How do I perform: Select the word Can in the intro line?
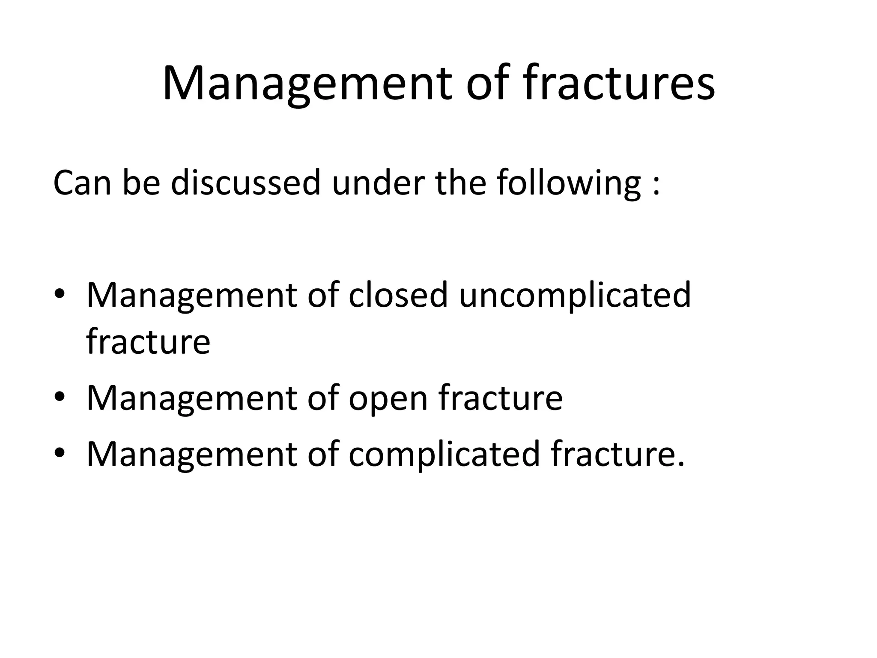82,183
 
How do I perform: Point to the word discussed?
245,183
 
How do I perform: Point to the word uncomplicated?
575,296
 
